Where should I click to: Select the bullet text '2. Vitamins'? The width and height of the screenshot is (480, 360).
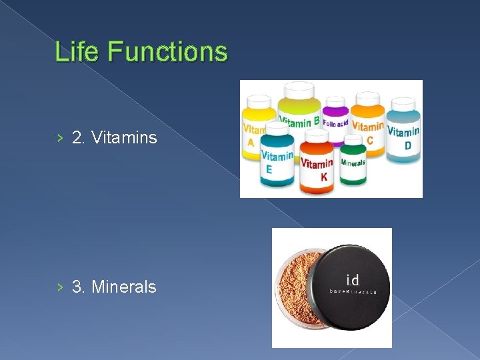[114, 138]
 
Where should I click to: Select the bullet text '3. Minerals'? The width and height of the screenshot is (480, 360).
[114, 287]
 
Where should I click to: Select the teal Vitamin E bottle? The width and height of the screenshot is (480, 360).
[276, 160]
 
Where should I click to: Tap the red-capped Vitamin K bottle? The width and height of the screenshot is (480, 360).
[317, 167]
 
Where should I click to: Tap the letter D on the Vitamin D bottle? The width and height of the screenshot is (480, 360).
[407, 146]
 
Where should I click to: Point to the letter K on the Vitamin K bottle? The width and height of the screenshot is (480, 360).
[324, 177]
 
